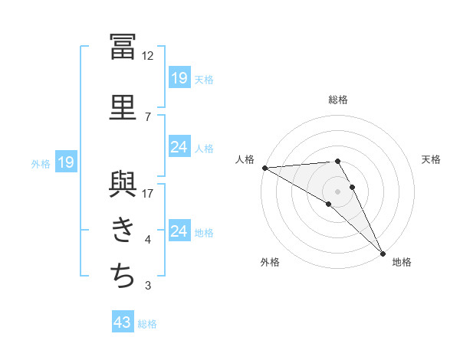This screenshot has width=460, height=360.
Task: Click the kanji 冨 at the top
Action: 123,47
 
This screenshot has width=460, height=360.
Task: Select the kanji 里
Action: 123,107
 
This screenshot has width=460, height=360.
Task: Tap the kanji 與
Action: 123,185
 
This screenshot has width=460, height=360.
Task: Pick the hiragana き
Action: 123,230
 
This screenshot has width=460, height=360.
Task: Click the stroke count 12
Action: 147,56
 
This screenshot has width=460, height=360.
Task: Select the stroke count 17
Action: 147,194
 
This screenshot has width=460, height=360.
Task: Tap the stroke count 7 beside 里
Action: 148,117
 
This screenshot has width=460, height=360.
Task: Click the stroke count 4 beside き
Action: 148,240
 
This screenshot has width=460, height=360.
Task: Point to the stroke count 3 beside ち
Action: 148,285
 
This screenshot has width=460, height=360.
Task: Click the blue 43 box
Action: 123,321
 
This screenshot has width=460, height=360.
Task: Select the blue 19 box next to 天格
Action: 179,77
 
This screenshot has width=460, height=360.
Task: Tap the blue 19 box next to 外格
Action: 66,162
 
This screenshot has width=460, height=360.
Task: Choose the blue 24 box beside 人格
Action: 179,146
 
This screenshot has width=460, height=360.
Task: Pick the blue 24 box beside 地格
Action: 179,230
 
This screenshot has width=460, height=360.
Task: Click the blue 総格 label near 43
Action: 147,324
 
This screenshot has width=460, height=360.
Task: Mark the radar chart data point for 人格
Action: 265,168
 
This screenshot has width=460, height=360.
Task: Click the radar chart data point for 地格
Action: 383,254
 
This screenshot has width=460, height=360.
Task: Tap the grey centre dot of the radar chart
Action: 337,191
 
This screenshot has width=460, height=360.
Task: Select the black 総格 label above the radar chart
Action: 338,100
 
